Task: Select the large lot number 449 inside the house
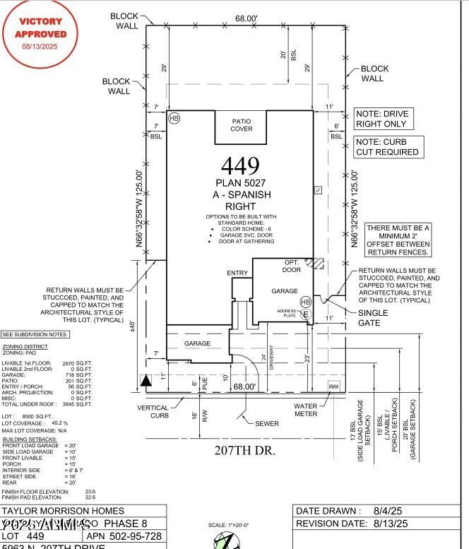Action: coord(240,165)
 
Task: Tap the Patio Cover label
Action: coord(242,125)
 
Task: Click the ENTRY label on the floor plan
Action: coord(237,273)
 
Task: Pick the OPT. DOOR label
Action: coord(292,265)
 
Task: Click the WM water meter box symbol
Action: coord(333,386)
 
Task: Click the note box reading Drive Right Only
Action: coord(381,119)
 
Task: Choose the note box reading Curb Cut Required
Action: coord(387,147)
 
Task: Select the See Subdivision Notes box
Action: coord(35,334)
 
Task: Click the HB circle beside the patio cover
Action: coord(174,118)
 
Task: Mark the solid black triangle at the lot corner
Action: coord(146,382)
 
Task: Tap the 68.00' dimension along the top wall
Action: coord(247,19)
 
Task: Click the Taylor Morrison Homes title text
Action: coord(64,511)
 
